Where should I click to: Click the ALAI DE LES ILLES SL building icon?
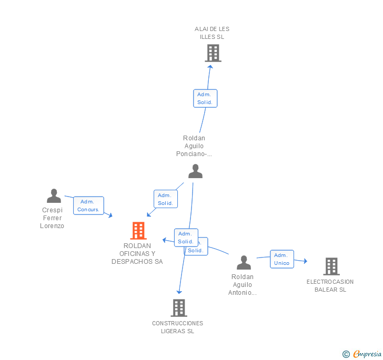pyautogui.click(x=213, y=53)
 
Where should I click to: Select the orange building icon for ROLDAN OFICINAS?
pyautogui.click(x=138, y=230)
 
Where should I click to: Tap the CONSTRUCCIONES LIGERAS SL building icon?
pyautogui.click(x=179, y=307)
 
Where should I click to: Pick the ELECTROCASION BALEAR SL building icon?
pyautogui.click(x=331, y=266)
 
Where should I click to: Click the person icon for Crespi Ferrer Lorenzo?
pyautogui.click(x=54, y=196)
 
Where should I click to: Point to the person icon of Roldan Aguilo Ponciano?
pyautogui.click(x=195, y=171)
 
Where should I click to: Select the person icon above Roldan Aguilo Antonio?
pyautogui.click(x=244, y=262)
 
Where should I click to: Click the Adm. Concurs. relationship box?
pyautogui.click(x=88, y=205)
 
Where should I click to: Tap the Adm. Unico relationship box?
pyautogui.click(x=281, y=259)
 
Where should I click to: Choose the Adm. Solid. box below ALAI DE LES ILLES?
pyautogui.click(x=205, y=98)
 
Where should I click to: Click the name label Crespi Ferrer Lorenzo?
pyautogui.click(x=52, y=218)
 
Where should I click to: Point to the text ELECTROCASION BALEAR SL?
pyautogui.click(x=330, y=285)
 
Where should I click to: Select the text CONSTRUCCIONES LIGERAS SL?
pyautogui.click(x=177, y=327)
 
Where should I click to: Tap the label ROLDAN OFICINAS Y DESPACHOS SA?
pyautogui.click(x=137, y=253)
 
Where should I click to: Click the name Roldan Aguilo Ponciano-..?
pyautogui.click(x=194, y=146)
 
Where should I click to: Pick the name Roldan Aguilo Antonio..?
pyautogui.click(x=242, y=284)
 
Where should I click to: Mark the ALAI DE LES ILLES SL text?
pyautogui.click(x=212, y=33)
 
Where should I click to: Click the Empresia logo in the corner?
pyautogui.click(x=362, y=354)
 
